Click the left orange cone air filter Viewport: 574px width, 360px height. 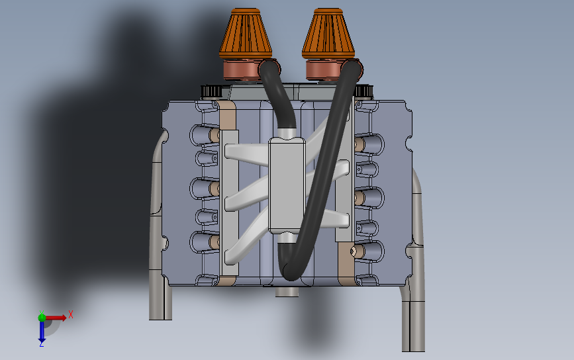246,33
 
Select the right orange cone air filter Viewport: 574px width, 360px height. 328,33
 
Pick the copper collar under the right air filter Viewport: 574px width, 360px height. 324,69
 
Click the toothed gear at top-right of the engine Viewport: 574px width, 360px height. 364,91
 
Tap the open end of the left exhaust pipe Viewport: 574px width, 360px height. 159,316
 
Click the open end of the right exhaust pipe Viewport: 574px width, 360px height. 413,348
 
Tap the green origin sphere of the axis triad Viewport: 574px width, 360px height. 42,318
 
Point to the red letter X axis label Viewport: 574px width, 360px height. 70,314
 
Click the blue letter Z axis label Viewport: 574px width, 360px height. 41,344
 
